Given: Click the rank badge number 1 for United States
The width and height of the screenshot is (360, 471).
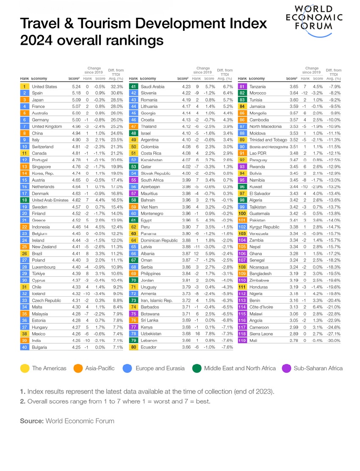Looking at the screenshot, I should [25, 87].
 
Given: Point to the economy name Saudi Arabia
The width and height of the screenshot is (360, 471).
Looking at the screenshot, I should [152, 87].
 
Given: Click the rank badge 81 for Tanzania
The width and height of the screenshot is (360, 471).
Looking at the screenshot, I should [243, 87].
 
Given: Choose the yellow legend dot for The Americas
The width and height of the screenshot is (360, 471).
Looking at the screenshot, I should [25, 368].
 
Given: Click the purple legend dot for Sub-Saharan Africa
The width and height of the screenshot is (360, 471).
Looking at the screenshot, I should [286, 368].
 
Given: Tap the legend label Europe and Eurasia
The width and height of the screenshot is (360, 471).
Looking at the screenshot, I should [159, 368].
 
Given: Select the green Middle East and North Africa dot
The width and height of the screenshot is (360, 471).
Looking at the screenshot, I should [197, 368].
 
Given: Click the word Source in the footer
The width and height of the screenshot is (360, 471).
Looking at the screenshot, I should [32, 421].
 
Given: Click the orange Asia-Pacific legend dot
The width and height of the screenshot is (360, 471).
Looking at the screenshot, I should [78, 368].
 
